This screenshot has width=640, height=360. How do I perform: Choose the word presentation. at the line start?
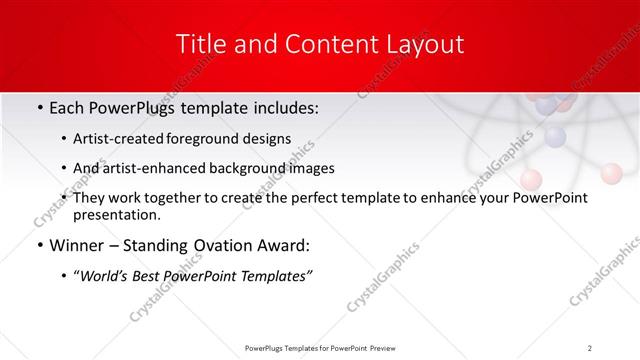click(x=117, y=214)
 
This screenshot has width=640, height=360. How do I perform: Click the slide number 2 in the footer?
click(x=590, y=347)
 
